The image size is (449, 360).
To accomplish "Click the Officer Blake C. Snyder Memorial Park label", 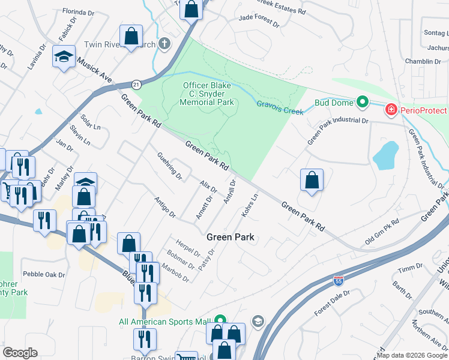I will [x=207, y=94].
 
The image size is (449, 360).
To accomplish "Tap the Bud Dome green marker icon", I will [x=362, y=103].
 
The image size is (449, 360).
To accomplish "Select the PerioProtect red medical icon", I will [x=391, y=110].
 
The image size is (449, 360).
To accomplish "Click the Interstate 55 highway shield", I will [x=339, y=280].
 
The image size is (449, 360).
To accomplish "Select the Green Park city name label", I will [x=231, y=237].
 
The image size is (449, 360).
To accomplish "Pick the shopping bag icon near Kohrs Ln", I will [x=312, y=179].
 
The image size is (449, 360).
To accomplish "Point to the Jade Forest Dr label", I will [x=259, y=22].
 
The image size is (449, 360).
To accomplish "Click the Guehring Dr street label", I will [x=169, y=166].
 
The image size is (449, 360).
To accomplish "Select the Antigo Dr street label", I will [x=164, y=207].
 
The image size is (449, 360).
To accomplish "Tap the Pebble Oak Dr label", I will [x=43, y=274].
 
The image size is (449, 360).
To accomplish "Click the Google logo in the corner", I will [x=20, y=353].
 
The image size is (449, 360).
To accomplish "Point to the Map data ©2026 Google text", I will [x=412, y=355].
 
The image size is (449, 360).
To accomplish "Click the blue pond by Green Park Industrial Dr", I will [x=386, y=155].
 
